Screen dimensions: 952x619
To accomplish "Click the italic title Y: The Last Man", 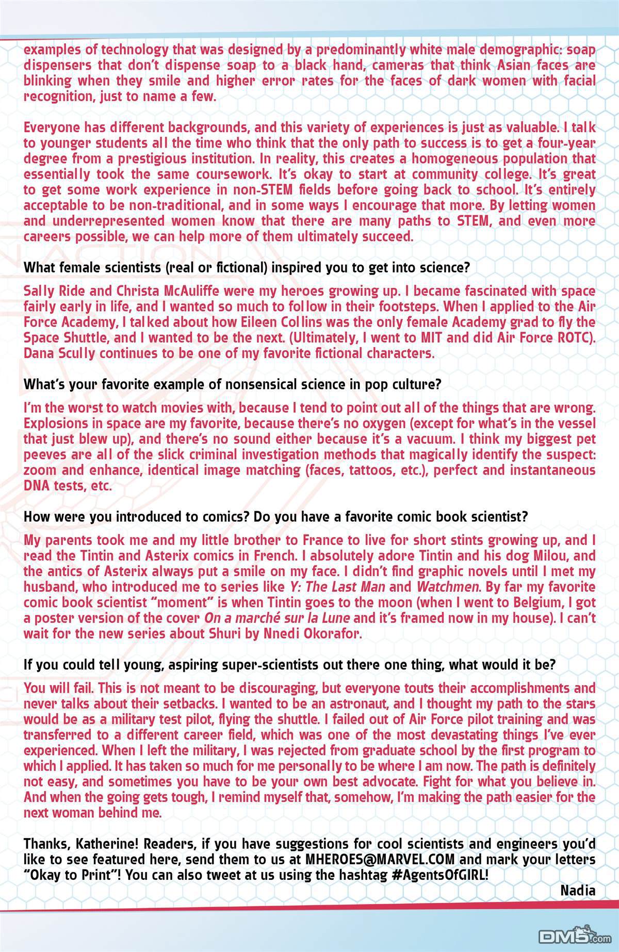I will pyautogui.click(x=336, y=587).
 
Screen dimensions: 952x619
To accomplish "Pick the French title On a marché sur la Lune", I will pyautogui.click(x=277, y=618).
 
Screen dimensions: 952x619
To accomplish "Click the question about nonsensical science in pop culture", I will pyautogui.click(x=233, y=384).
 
